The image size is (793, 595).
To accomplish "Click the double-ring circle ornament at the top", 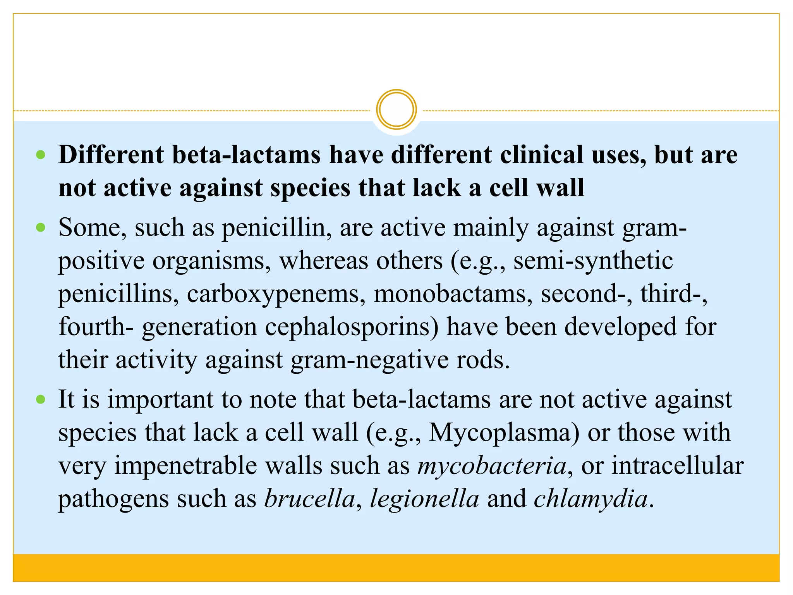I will [396, 109].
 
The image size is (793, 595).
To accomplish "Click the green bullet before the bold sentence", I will [41, 155].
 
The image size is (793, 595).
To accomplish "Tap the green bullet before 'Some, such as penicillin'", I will [41, 227].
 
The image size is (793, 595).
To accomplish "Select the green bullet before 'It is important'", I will [41, 399].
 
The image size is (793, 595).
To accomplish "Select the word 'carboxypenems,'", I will [276, 294].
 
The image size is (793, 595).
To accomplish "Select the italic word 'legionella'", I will [425, 499].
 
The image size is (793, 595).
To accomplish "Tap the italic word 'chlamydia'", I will [591, 499].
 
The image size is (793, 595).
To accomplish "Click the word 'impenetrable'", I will [218, 466].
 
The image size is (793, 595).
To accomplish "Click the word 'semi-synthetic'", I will [593, 261].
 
